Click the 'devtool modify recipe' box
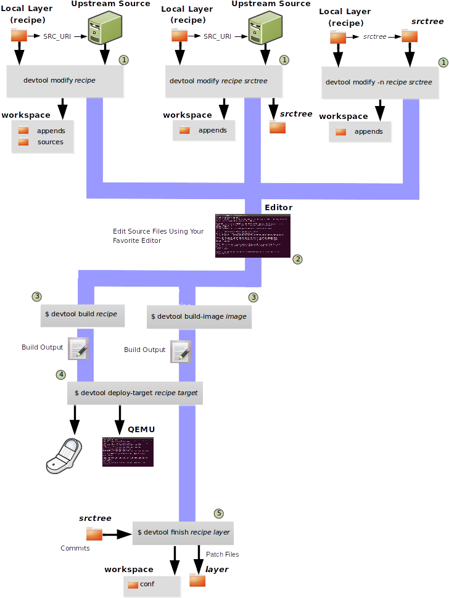(x=65, y=81)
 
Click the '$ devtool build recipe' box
(x=81, y=314)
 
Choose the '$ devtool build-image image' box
(x=199, y=317)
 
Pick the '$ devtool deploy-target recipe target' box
(x=135, y=393)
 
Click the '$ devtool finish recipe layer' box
(x=184, y=532)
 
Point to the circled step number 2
(x=297, y=260)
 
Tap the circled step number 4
(x=60, y=374)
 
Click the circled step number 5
(x=219, y=514)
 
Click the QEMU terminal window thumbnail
(x=128, y=451)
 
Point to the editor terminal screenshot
(x=252, y=235)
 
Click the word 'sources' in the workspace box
(x=51, y=142)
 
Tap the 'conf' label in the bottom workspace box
(x=147, y=584)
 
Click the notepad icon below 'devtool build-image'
(x=180, y=351)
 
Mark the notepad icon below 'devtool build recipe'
(x=78, y=348)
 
